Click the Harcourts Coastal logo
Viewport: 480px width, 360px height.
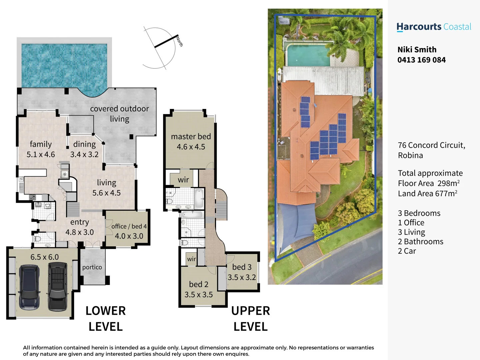click(434, 27)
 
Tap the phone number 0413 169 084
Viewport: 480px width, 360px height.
click(421, 60)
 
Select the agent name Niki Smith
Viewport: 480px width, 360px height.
click(417, 50)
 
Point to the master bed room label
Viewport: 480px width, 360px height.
click(191, 137)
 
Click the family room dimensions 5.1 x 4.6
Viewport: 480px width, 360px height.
click(41, 155)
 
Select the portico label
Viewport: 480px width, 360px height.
click(92, 267)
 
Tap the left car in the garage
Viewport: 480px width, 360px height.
click(29, 287)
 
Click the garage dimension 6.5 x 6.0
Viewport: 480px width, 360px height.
click(44, 257)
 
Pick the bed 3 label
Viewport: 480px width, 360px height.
click(242, 267)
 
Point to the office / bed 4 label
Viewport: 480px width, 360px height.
click(129, 226)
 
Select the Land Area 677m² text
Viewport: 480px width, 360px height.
click(427, 194)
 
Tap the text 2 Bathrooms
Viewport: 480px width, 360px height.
click(420, 242)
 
